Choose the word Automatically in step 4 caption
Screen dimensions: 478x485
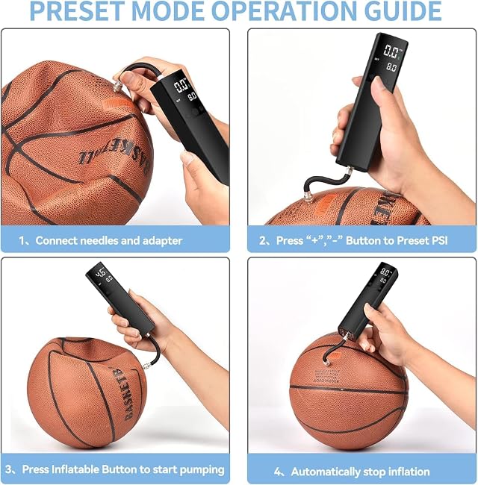click(326, 472)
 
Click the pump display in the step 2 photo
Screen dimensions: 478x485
click(391, 58)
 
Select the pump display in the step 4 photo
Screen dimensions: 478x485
click(385, 276)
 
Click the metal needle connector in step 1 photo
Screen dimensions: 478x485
click(117, 87)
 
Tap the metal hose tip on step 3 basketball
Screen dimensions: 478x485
click(146, 366)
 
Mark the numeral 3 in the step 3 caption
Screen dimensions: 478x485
click(9, 469)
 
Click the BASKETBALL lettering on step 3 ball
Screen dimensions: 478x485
click(129, 392)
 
